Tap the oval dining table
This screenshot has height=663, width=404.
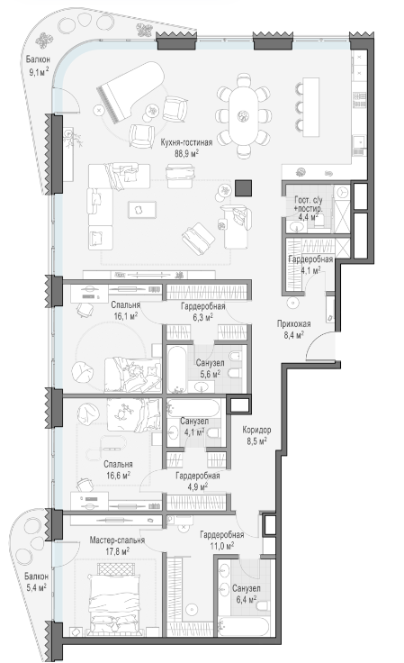pyautogui.click(x=243, y=114)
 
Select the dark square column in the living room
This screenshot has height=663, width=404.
pyautogui.click(x=243, y=188)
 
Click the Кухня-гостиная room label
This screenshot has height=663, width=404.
pyautogui.click(x=186, y=143)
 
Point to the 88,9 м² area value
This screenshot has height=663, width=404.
pyautogui.click(x=186, y=153)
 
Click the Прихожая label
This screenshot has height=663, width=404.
pyautogui.click(x=294, y=324)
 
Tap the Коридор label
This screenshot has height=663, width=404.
pyautogui.click(x=256, y=430)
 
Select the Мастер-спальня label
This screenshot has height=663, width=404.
pyautogui.click(x=117, y=540)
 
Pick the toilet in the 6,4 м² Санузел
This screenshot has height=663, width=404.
pyautogui.click(x=262, y=607)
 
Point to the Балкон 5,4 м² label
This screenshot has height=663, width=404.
pyautogui.click(x=35, y=581)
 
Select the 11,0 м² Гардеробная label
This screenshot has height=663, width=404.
pyautogui.click(x=222, y=540)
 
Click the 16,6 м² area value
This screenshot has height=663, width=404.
pyautogui.click(x=118, y=476)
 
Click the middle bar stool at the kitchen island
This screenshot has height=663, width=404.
pyautogui.click(x=300, y=106)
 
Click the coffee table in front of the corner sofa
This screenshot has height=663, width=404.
pyautogui.click(x=142, y=210)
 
